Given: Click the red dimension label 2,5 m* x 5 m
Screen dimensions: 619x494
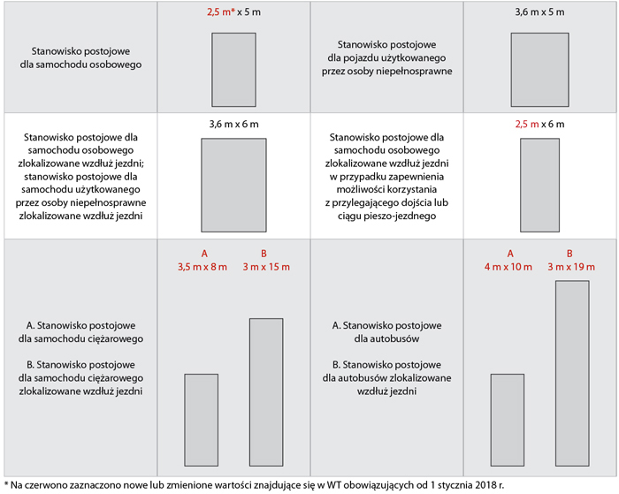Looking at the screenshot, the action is pyautogui.click(x=233, y=12).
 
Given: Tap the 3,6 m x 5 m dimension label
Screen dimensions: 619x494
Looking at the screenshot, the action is pyautogui.click(x=539, y=12).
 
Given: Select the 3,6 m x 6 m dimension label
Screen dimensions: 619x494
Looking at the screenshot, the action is pyautogui.click(x=233, y=125).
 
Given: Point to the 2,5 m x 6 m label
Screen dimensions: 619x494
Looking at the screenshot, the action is pyautogui.click(x=539, y=125).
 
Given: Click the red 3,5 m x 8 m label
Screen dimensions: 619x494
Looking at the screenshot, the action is pyautogui.click(x=203, y=267).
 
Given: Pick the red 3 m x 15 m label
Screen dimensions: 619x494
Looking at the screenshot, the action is pyautogui.click(x=266, y=267).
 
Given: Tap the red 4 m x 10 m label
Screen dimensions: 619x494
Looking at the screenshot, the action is pyautogui.click(x=508, y=267).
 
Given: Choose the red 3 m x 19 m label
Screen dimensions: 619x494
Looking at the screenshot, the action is pyautogui.click(x=571, y=267).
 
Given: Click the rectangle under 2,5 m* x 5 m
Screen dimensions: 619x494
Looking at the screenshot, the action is pyautogui.click(x=233, y=70).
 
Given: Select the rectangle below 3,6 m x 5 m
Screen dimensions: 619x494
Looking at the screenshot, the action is pyautogui.click(x=539, y=70).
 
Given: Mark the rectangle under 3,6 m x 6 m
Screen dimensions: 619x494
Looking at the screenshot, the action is pyautogui.click(x=233, y=185).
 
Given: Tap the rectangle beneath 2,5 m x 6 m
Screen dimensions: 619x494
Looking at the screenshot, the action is pyautogui.click(x=539, y=185).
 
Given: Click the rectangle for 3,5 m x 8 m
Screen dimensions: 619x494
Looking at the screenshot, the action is pyautogui.click(x=202, y=421).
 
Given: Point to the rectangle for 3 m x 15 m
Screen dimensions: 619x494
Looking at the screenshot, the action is pyautogui.click(x=266, y=392).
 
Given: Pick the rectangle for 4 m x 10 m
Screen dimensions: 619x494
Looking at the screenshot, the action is pyautogui.click(x=508, y=421).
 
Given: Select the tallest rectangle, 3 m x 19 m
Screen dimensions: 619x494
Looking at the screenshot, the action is pyautogui.click(x=572, y=374).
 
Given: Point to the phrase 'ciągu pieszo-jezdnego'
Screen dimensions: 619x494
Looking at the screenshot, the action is pyautogui.click(x=387, y=217).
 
